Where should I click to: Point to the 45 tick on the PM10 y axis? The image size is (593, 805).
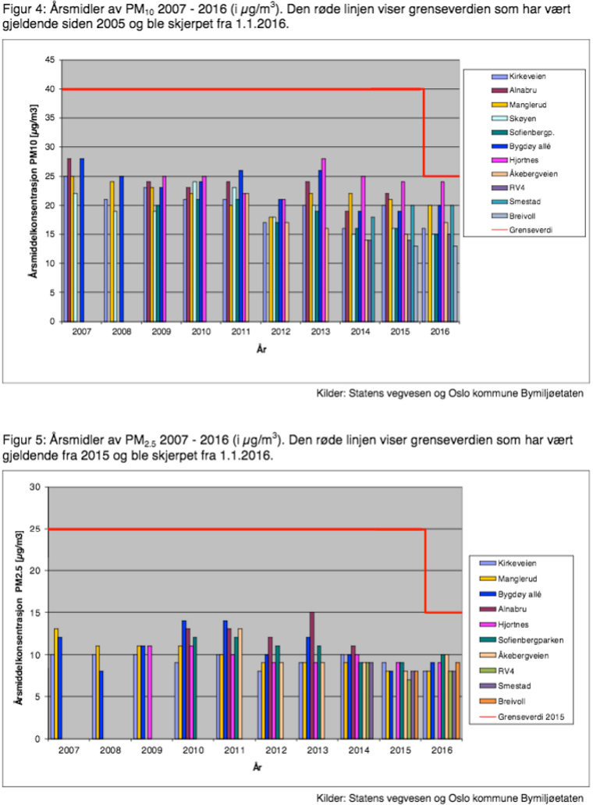(x=49, y=60)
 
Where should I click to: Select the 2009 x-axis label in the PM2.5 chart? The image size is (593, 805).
(x=151, y=750)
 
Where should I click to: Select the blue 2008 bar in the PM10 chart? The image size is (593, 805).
(x=121, y=248)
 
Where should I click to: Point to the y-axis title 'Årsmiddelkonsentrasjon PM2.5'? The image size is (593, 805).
(x=17, y=613)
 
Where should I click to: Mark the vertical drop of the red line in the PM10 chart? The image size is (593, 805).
(x=424, y=133)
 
